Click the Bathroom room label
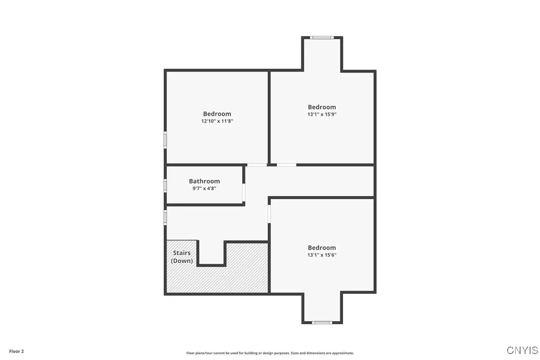tap(204, 181)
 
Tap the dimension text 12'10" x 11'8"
tap(217, 121)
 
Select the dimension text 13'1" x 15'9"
tap(322, 114)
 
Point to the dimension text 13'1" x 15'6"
tap(322, 255)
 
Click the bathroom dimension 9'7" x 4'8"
tap(204, 188)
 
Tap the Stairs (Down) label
tap(182, 257)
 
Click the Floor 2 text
tap(16, 351)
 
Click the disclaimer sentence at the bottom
tap(270, 353)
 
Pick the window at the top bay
tap(322, 37)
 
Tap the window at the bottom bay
tap(322, 323)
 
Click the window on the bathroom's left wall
tap(166, 185)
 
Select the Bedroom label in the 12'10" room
tap(217, 114)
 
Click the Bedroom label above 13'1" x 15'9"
tap(322, 107)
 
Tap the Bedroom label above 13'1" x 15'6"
tap(322, 248)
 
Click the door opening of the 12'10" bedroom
tap(257, 165)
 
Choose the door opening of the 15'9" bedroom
tap(286, 165)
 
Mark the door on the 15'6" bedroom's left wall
tap(269, 214)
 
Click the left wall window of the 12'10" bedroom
tap(166, 139)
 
